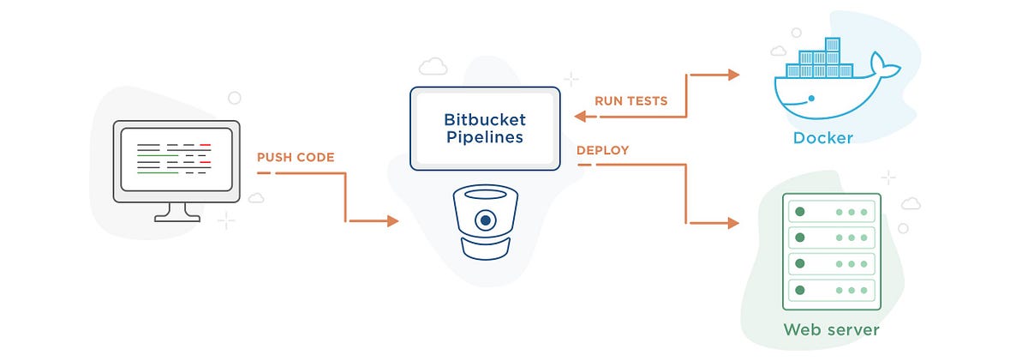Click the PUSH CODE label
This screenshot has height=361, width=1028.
point(296,157)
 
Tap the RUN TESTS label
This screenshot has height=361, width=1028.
point(631,100)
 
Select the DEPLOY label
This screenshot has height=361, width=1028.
point(602,150)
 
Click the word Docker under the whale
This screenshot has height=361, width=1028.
point(822,138)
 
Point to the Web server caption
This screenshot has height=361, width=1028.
point(831,329)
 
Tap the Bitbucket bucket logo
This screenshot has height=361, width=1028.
point(486,220)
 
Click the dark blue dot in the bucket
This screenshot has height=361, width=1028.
point(486,220)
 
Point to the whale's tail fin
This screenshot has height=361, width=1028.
point(881,63)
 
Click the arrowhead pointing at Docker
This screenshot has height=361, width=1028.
point(733,75)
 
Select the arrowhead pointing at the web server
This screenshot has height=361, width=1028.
point(733,223)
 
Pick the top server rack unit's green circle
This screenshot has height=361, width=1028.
point(799,211)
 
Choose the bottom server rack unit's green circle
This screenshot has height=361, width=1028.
point(799,290)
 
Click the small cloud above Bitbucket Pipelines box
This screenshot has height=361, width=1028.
point(432,66)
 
